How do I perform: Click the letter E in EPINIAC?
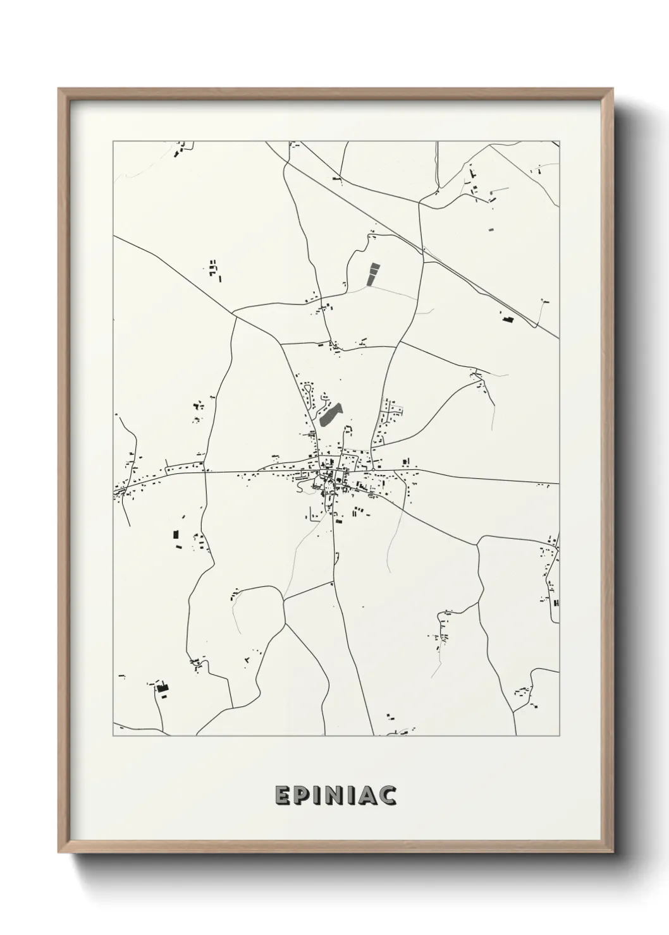coord(282,796)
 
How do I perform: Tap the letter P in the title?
coord(302,796)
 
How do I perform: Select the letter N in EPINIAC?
coord(334,796)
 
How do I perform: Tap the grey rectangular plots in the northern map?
coord(374,274)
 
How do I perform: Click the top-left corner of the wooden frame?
coord(59,89)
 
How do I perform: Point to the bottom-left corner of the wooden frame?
coord(59,854)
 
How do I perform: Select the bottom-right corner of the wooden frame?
coord(612,854)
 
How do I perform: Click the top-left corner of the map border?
coord(113,142)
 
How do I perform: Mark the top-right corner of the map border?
coord(559,142)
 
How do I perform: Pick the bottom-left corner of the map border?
coord(113,736)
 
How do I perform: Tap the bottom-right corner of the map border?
coord(559,736)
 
